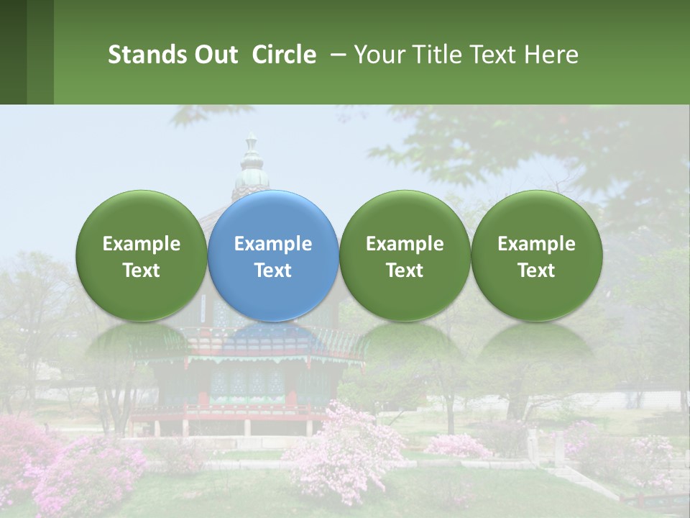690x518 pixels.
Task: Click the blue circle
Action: point(273,255)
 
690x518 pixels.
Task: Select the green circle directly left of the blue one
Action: point(142,255)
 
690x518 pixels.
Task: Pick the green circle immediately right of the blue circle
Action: point(405,255)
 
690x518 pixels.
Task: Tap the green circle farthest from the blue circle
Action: point(537,255)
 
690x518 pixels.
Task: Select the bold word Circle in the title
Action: point(284,55)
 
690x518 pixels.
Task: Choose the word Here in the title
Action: point(552,55)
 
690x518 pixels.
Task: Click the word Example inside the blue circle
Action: point(273,244)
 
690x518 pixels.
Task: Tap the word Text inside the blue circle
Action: point(273,271)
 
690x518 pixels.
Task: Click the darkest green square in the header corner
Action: point(13,52)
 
